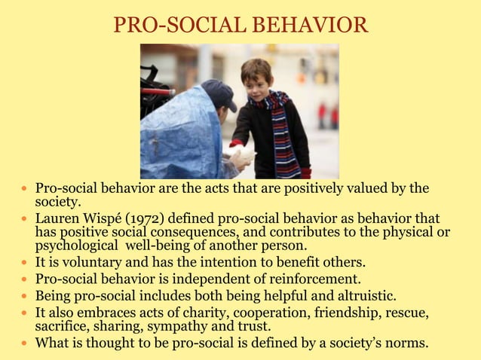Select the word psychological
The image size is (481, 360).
(x=74, y=246)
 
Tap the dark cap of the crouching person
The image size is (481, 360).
(x=219, y=93)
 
